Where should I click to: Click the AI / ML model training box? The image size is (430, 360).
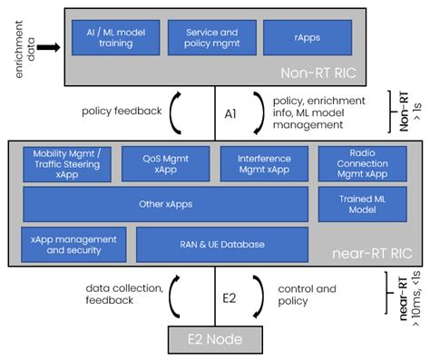114,37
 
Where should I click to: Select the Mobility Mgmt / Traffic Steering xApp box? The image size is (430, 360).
67,163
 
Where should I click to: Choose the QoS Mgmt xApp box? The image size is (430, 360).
164,163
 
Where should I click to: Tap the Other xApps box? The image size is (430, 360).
165,204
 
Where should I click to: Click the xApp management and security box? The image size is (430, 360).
74,244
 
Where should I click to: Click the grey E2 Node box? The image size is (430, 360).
215,342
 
